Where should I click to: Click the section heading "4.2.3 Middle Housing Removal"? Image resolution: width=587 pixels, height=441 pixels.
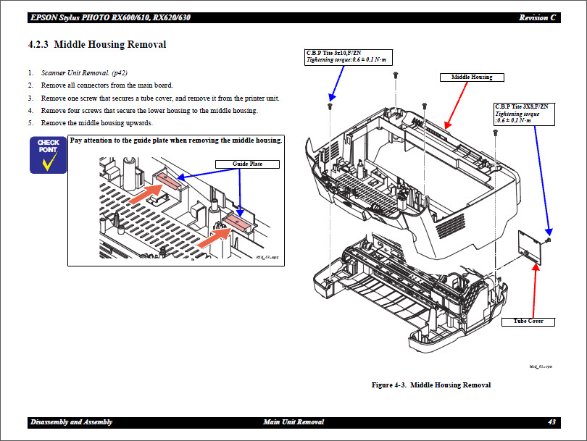tap(96, 45)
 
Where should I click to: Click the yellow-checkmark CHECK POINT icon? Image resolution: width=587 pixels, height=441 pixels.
tap(49, 154)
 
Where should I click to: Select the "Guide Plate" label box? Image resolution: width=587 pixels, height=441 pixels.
tap(247, 164)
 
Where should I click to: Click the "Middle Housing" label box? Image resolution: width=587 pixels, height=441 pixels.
tap(472, 77)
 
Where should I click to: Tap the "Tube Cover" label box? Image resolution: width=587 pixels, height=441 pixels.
tap(528, 321)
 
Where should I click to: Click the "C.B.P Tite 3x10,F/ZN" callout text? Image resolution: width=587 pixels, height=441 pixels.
tap(333, 53)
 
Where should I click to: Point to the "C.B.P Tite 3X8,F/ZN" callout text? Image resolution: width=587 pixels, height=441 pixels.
tap(521, 106)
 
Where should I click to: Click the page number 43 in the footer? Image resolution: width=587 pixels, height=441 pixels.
tap(551, 422)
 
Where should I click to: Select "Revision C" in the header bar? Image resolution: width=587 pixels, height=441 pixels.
tap(538, 17)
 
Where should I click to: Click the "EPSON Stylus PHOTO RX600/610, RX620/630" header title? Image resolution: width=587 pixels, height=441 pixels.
tap(111, 17)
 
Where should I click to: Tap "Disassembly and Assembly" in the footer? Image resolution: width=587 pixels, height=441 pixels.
tap(72, 422)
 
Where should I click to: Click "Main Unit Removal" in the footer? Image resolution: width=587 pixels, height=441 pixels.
tap(293, 422)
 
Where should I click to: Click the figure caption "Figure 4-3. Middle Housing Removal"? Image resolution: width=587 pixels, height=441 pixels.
tap(430, 385)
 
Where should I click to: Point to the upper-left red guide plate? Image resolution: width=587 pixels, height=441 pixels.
tap(165, 177)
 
